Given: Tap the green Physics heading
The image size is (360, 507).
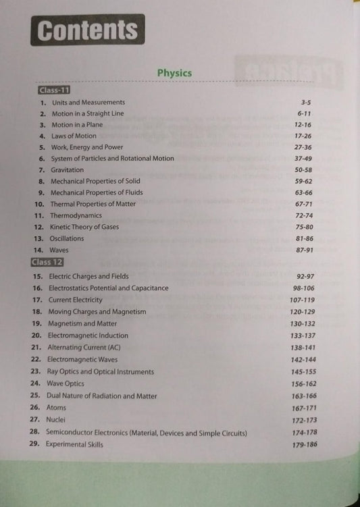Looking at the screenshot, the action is [x=174, y=73].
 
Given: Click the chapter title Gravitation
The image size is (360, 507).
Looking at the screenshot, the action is [x=68, y=169].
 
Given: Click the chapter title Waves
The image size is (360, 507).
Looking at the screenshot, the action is [x=59, y=250].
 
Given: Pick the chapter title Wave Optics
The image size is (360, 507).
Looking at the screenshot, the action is [x=66, y=383].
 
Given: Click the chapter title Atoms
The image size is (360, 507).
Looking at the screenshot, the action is [x=56, y=408].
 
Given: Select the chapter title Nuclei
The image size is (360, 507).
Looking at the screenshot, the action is [x=56, y=420].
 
